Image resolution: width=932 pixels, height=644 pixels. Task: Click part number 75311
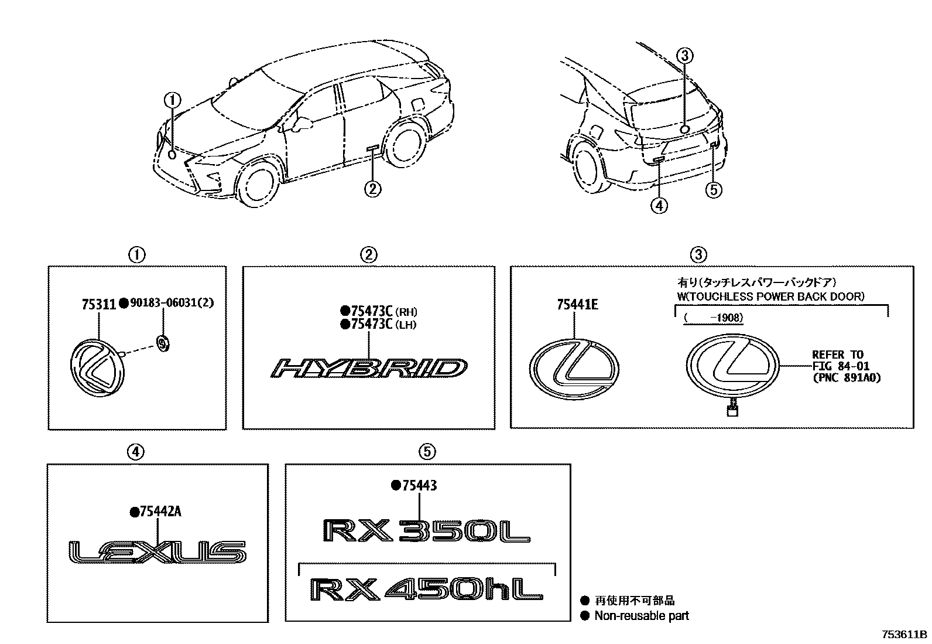(98, 304)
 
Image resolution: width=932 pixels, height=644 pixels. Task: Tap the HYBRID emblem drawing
(369, 369)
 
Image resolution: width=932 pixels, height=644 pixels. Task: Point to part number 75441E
(577, 305)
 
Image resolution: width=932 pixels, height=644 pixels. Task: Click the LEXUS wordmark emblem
(157, 552)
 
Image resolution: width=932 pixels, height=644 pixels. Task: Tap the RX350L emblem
(426, 531)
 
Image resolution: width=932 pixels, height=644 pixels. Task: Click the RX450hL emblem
(426, 589)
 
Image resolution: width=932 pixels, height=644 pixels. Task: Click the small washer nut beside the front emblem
(163, 343)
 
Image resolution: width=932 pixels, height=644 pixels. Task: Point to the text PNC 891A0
(846, 378)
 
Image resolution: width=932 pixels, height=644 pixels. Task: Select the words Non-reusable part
(641, 616)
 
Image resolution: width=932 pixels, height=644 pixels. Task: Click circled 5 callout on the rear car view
(714, 190)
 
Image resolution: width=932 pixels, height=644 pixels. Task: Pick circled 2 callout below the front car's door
(372, 188)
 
